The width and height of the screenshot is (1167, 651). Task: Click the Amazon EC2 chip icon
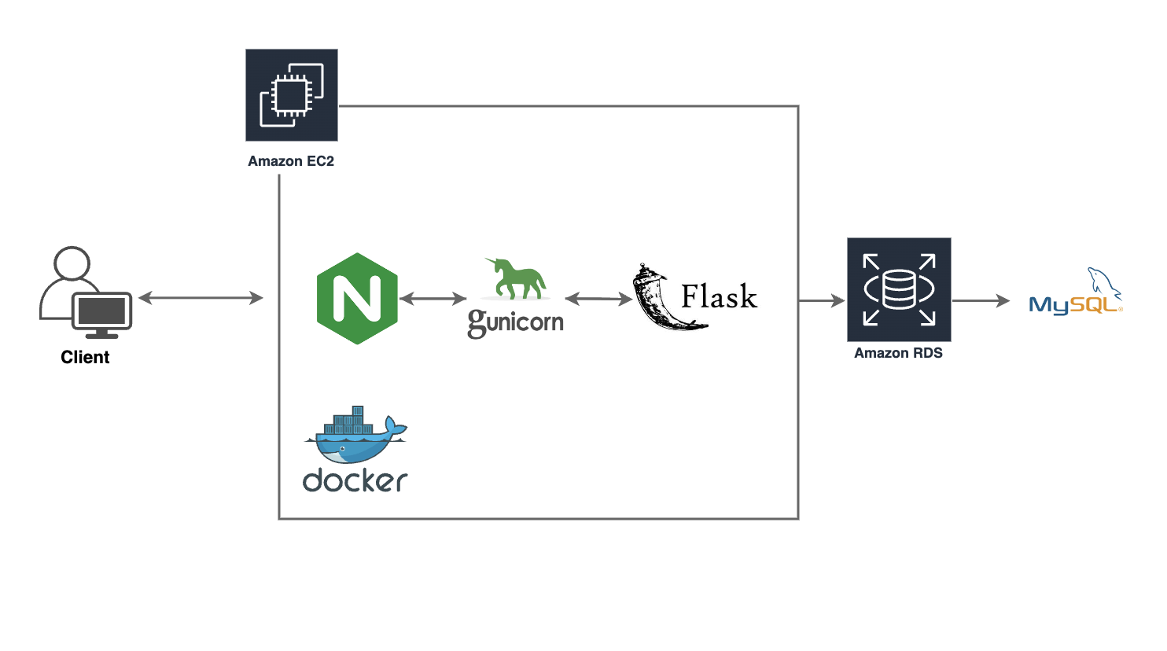point(292,95)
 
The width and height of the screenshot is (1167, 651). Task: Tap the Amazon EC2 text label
point(291,161)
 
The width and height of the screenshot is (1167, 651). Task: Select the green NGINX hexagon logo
point(357,299)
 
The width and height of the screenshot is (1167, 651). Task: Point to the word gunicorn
point(516,322)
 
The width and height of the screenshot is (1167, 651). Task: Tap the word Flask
point(719,297)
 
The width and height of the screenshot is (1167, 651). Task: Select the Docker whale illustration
point(356,436)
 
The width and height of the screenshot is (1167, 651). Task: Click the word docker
point(355,480)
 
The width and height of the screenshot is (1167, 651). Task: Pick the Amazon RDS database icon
point(899,289)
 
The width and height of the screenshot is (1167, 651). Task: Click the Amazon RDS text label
point(898,353)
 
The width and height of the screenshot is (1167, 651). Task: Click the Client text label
point(85,357)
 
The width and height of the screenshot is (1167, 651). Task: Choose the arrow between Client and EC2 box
point(201,298)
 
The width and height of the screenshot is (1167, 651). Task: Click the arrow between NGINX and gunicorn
point(433,299)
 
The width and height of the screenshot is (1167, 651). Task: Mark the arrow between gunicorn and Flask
point(598,299)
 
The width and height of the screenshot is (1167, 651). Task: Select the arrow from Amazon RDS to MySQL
point(981,300)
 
